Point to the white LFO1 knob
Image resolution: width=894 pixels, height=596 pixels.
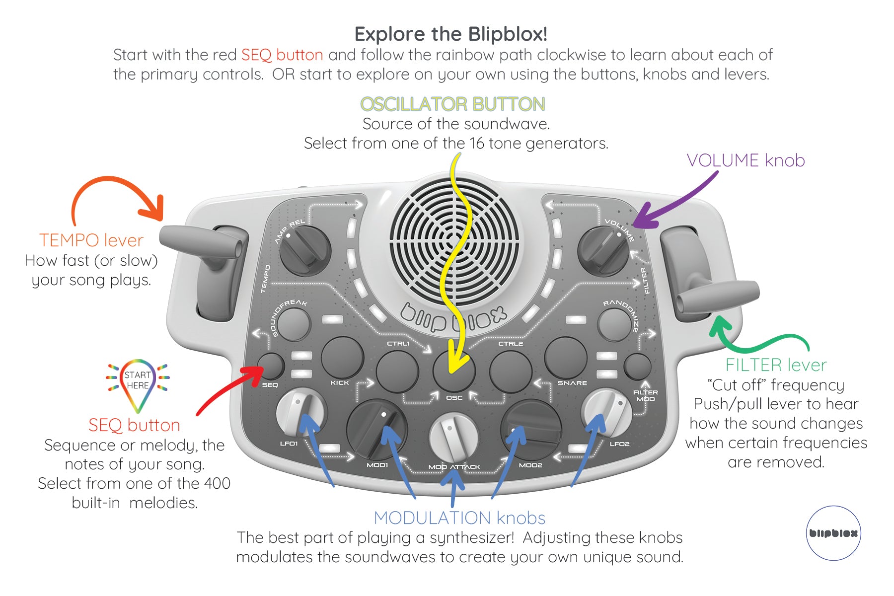(300, 413)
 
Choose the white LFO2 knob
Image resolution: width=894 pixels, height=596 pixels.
(607, 413)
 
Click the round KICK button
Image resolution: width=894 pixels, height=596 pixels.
(343, 358)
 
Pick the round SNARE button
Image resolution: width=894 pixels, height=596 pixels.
(566, 358)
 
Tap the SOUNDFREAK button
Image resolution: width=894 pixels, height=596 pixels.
(293, 324)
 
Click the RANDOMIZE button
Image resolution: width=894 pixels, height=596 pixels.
(614, 324)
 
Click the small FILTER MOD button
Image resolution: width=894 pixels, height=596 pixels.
(637, 367)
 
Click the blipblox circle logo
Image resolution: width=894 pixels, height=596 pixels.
(833, 533)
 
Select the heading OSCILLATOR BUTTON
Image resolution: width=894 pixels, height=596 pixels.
(452, 104)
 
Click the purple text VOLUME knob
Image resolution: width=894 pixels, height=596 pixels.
(745, 160)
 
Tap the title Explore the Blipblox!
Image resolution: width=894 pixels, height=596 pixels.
(450, 34)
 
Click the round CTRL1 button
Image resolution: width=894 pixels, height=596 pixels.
(397, 371)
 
